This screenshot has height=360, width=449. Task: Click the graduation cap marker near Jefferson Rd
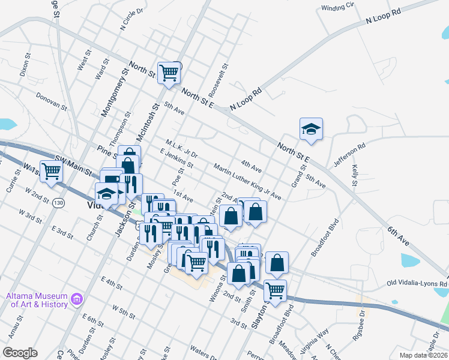click(x=311, y=129)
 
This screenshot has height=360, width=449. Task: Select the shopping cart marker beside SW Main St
click(x=52, y=172)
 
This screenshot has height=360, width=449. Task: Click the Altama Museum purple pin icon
click(x=76, y=298)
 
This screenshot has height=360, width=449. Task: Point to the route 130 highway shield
click(x=58, y=202)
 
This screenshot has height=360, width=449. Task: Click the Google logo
click(x=20, y=353)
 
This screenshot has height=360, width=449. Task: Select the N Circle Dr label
click(x=133, y=19)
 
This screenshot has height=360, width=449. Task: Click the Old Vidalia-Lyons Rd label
click(x=417, y=283)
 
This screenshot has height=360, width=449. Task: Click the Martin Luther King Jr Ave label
click(x=247, y=182)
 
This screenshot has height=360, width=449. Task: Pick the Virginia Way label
click(x=318, y=340)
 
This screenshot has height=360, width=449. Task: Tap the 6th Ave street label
click(x=398, y=234)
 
